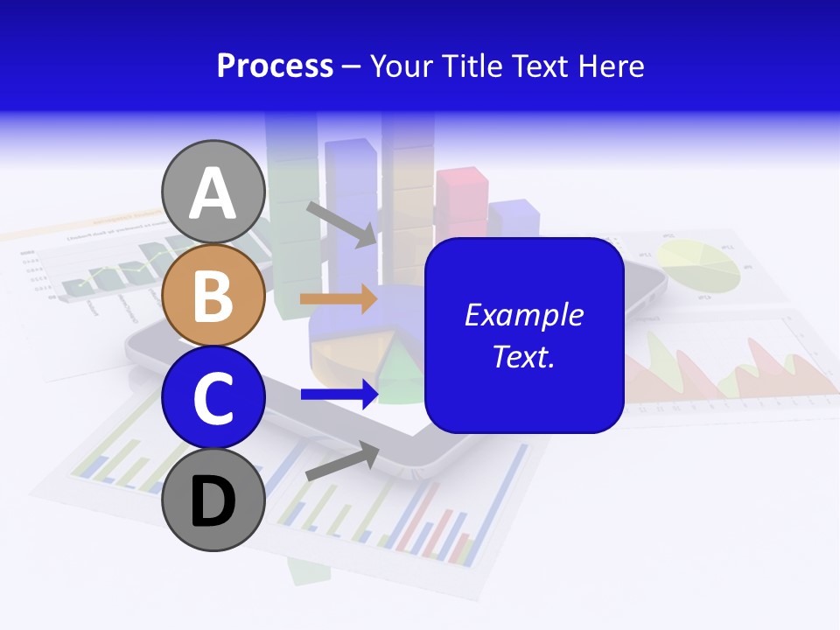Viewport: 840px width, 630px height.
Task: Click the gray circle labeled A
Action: pos(213,192)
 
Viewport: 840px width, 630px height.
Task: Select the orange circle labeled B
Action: pos(213,295)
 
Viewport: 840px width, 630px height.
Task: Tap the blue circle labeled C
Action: pos(213,397)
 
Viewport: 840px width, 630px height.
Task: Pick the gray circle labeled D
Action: pos(213,500)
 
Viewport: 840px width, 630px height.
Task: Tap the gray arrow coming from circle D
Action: pos(342,461)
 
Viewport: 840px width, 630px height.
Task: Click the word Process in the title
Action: pos(275,66)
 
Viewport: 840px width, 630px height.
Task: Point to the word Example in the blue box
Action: pos(523,315)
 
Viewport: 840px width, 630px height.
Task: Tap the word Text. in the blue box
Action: pos(523,356)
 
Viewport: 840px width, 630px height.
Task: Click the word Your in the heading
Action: pos(402,66)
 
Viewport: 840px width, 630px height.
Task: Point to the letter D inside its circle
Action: pos(213,502)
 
